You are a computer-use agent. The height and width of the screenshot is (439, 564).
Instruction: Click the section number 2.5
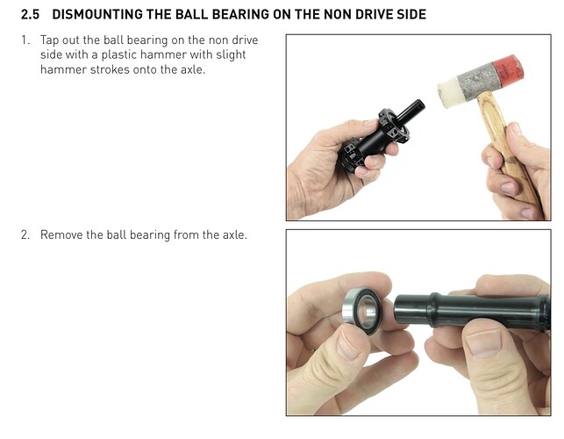pyautogui.click(x=30, y=14)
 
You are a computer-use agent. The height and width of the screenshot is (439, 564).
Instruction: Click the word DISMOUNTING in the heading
pyautogui.click(x=97, y=14)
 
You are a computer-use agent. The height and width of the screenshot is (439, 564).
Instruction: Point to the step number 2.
pyautogui.click(x=25, y=234)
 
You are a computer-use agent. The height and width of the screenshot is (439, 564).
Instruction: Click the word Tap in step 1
pyautogui.click(x=49, y=40)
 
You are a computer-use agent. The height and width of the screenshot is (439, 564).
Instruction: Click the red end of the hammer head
pyautogui.click(x=508, y=70)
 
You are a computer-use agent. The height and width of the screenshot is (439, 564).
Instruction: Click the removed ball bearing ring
pyautogui.click(x=361, y=311)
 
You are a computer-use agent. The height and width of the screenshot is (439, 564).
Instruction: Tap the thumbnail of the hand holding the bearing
pyautogui.click(x=348, y=345)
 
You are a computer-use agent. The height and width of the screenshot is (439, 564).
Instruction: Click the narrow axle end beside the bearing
pyautogui.click(x=412, y=311)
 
